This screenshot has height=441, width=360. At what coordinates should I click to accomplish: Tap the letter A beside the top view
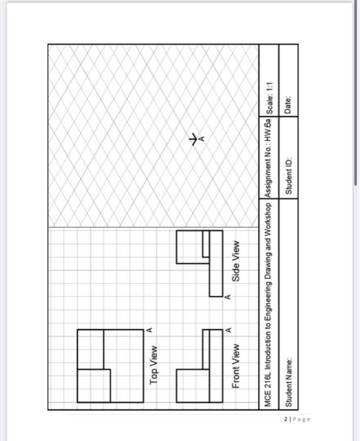(x=149, y=329)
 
